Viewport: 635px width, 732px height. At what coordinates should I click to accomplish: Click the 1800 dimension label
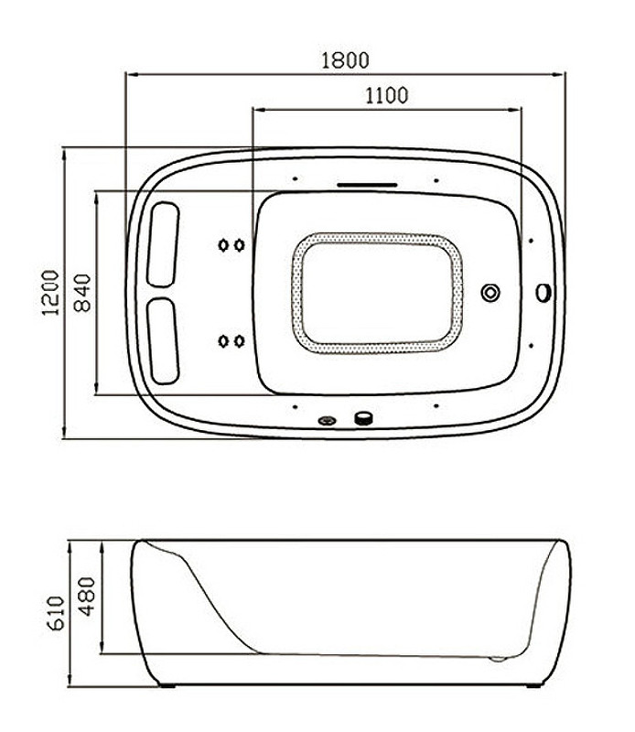point(345,60)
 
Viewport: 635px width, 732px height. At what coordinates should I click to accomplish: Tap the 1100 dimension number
point(386,96)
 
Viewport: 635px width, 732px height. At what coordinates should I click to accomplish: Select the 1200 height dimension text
point(51,293)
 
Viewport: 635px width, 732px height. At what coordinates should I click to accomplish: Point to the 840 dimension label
point(82,293)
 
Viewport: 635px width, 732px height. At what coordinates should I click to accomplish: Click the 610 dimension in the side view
point(57,613)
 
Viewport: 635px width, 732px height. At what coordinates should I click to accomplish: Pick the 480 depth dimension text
point(86,597)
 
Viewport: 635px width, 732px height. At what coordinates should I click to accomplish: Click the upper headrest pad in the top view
point(163,244)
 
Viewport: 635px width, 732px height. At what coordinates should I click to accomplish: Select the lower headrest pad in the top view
point(163,341)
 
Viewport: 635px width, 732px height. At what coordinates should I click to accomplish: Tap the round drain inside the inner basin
point(490,293)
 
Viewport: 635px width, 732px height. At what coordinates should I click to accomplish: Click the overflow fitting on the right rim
point(543,293)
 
